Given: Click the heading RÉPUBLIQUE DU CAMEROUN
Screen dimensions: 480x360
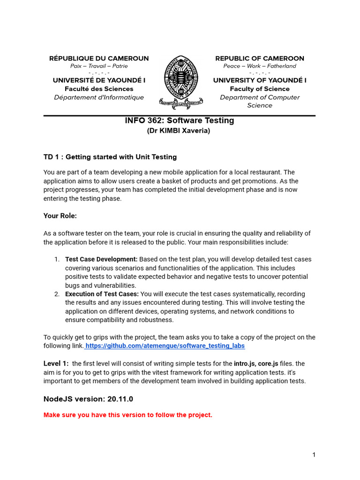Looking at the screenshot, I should [99, 59].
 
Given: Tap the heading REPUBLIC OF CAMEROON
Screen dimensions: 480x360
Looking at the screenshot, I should [260, 59].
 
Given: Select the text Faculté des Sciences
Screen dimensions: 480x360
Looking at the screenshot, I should [99, 89].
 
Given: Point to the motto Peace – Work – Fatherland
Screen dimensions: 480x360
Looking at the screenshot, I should [260, 66].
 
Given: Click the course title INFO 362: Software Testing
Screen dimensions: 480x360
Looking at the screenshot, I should [180, 120].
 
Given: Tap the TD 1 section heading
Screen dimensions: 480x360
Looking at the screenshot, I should [110, 157].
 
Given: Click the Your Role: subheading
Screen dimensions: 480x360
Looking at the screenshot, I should [60, 216].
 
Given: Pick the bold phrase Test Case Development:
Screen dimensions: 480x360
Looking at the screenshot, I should [101, 259].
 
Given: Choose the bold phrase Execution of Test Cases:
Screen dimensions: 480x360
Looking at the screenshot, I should [102, 294].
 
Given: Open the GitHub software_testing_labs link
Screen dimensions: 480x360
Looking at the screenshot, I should [165, 346].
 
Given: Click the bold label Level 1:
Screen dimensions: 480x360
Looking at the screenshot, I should [56, 363].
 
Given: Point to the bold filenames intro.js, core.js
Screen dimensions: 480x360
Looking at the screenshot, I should [256, 363].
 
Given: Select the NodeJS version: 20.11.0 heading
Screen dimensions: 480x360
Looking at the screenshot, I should [88, 399].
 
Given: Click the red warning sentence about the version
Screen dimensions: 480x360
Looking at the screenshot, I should [128, 415].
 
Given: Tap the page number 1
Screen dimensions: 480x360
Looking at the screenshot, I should [314, 455].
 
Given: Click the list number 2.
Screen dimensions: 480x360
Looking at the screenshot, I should [57, 294].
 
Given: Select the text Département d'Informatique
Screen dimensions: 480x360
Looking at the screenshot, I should [99, 97].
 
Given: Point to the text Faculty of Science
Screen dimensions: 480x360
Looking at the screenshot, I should [260, 89].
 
